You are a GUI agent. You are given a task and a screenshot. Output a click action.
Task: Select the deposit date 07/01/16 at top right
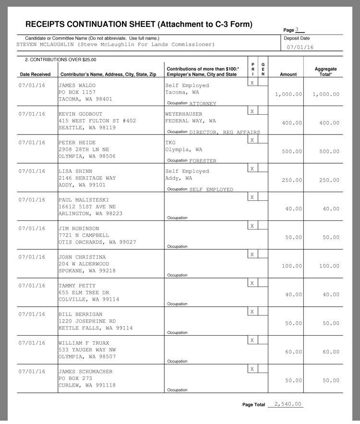pyautogui.click(x=300, y=48)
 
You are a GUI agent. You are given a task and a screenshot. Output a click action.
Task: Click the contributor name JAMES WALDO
pyautogui.click(x=77, y=85)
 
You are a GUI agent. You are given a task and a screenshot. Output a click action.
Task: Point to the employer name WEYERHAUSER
pyautogui.click(x=184, y=114)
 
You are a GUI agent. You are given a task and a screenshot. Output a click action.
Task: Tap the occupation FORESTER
pyautogui.click(x=203, y=161)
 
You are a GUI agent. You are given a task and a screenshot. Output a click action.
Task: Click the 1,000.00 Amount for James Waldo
pyautogui.click(x=288, y=94)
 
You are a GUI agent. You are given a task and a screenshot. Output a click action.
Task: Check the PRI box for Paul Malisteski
pyautogui.click(x=252, y=197)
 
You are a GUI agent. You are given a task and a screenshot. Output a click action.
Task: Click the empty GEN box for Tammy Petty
pyautogui.click(x=263, y=283)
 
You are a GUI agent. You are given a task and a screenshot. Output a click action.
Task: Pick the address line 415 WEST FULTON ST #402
pyautogui.click(x=97, y=121)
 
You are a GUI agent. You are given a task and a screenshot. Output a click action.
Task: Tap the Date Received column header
pyautogui.click(x=35, y=74)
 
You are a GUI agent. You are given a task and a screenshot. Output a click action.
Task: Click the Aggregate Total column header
pyautogui.click(x=325, y=72)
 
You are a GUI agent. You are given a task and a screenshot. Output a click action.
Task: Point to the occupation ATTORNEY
pyautogui.click(x=203, y=104)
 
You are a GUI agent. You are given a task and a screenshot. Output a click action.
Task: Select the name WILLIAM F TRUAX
pyautogui.click(x=84, y=343)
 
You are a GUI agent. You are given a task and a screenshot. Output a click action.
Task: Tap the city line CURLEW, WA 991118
pyautogui.click(x=87, y=386)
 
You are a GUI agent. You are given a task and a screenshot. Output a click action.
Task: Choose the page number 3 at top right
pyautogui.click(x=297, y=30)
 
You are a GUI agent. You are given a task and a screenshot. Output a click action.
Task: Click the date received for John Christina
pyautogui.click(x=32, y=257)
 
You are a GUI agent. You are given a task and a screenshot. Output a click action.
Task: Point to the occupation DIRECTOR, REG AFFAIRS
pyautogui.click(x=225, y=133)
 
